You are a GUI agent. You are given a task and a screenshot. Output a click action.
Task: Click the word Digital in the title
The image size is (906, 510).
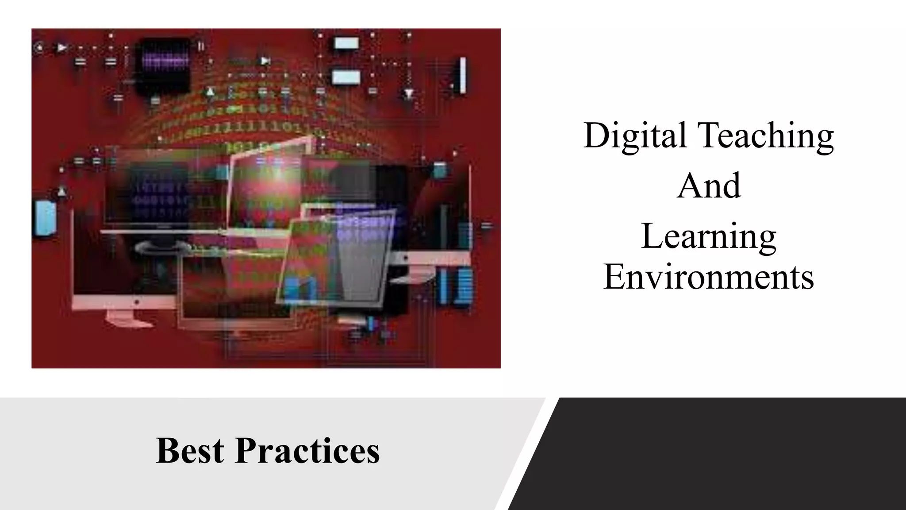pos(635,135)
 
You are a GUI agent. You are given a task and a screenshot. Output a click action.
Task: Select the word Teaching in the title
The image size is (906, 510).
pos(765,135)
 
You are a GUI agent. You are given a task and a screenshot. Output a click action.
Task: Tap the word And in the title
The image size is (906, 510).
pos(709,186)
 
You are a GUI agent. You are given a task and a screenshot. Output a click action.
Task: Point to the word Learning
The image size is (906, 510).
pos(709,237)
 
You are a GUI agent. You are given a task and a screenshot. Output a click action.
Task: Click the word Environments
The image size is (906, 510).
pos(709,277)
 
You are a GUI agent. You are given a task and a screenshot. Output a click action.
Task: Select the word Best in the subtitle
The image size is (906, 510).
pos(190,451)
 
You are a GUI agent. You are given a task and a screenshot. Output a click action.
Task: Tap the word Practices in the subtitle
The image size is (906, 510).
pos(307,451)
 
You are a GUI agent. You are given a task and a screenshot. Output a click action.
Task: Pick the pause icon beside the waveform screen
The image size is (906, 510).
pos(201,46)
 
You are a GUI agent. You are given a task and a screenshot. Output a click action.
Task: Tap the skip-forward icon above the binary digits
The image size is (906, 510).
pos(265,61)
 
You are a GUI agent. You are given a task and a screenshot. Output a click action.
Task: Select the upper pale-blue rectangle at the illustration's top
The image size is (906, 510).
pos(346,43)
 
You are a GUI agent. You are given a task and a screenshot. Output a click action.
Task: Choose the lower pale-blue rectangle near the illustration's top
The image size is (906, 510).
pos(346,77)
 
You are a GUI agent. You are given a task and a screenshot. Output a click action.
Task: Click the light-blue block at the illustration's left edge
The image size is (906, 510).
pos(45,218)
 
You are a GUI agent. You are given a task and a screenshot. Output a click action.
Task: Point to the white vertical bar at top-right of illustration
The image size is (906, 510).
pos(463,75)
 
